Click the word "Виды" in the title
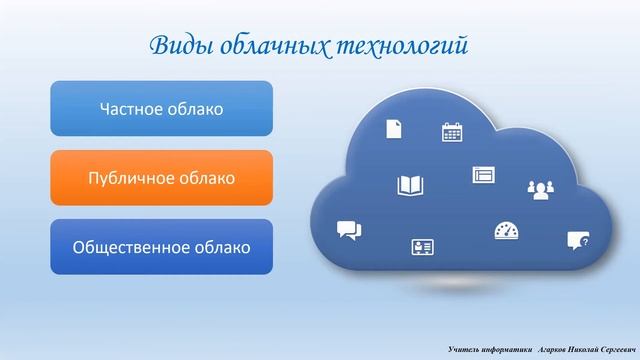pos(181,45)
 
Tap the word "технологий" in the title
pos(402,46)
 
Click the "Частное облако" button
pos(162,109)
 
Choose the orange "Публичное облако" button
pos(162,178)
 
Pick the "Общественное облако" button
pos(162,247)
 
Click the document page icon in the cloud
pos(394,129)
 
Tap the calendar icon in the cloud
pos(452,132)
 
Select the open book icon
pos(410,186)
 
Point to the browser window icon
pos(484,175)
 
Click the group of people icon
pos(541,190)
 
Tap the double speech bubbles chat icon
pos(349,231)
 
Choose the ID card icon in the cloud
pos(422,247)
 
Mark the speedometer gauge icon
pos(507,231)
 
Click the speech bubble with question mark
pos(578,240)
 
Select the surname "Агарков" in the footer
pos(552,350)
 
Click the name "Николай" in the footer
pos(582,350)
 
